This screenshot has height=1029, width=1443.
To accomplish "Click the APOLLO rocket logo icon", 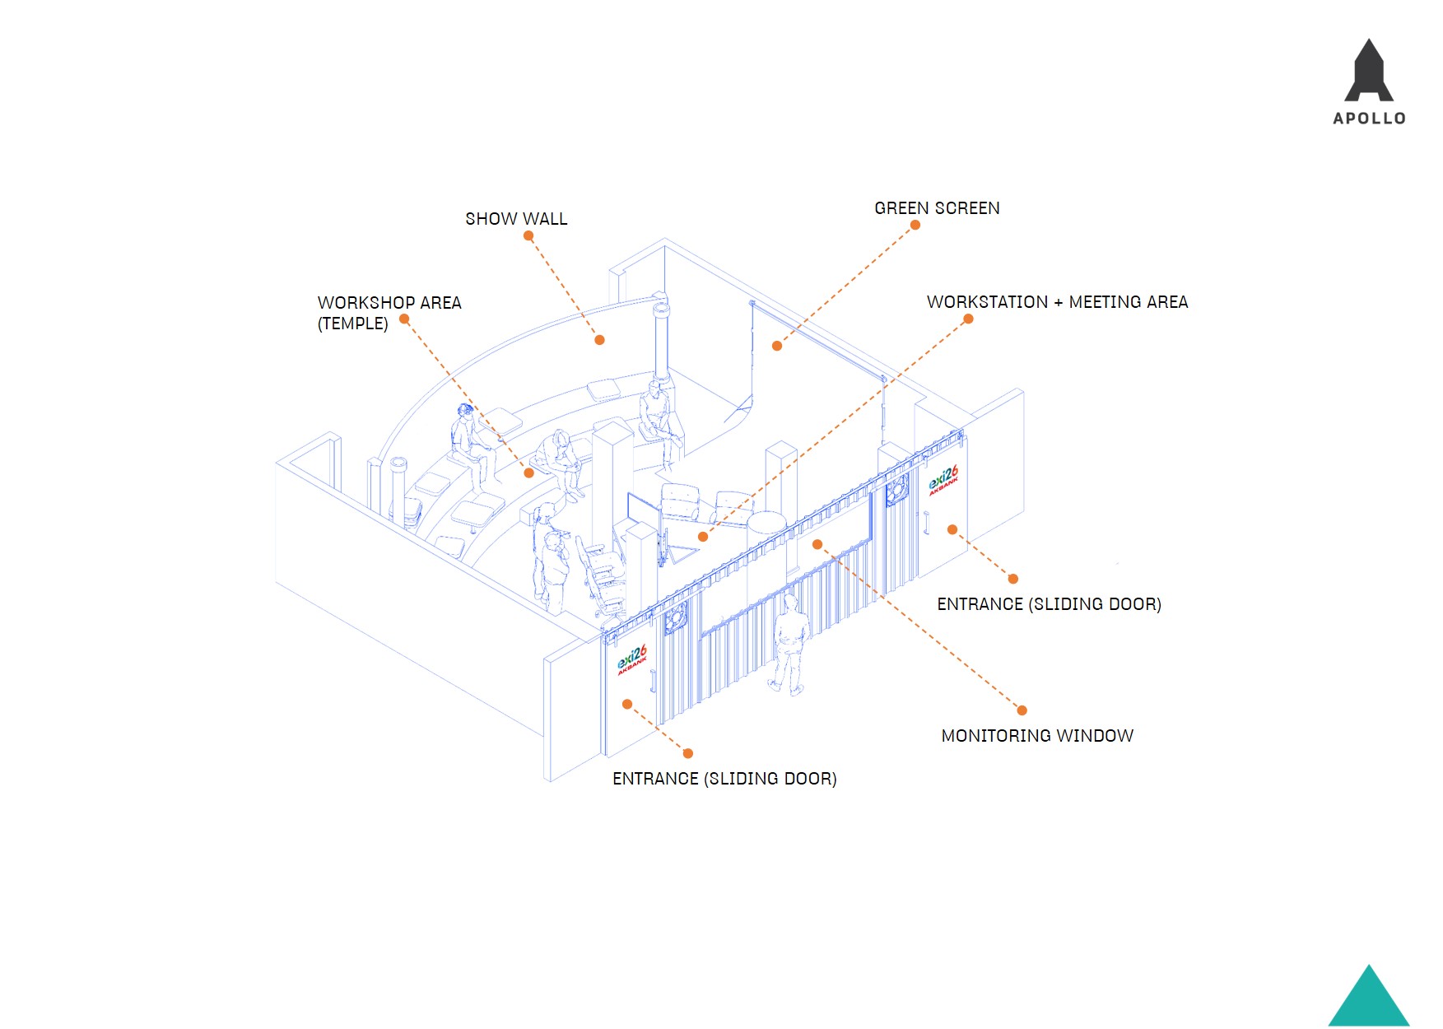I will (1369, 72).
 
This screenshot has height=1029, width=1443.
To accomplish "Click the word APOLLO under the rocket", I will (1369, 119).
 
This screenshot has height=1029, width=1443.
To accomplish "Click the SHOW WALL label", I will (516, 219).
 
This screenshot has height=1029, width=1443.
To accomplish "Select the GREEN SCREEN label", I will (937, 208).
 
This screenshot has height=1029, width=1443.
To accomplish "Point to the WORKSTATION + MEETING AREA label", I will (1057, 302).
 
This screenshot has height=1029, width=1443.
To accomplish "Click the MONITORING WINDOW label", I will (1037, 736).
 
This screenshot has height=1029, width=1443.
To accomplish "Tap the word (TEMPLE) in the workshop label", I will (352, 324).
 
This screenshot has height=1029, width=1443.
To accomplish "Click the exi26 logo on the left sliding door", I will (632, 659).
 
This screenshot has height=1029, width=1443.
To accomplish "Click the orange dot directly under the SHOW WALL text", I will (528, 235).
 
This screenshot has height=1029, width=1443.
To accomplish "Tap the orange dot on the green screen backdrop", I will (776, 346).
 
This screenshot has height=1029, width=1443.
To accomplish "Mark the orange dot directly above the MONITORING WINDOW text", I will (1022, 710).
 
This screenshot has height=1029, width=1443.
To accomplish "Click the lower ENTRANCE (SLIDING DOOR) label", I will (724, 779).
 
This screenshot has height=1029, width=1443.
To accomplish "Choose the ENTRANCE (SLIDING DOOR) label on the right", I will (1049, 604).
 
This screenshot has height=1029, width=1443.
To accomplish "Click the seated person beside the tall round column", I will (656, 416).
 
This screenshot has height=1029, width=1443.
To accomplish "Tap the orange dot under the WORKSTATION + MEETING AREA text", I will (968, 319).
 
